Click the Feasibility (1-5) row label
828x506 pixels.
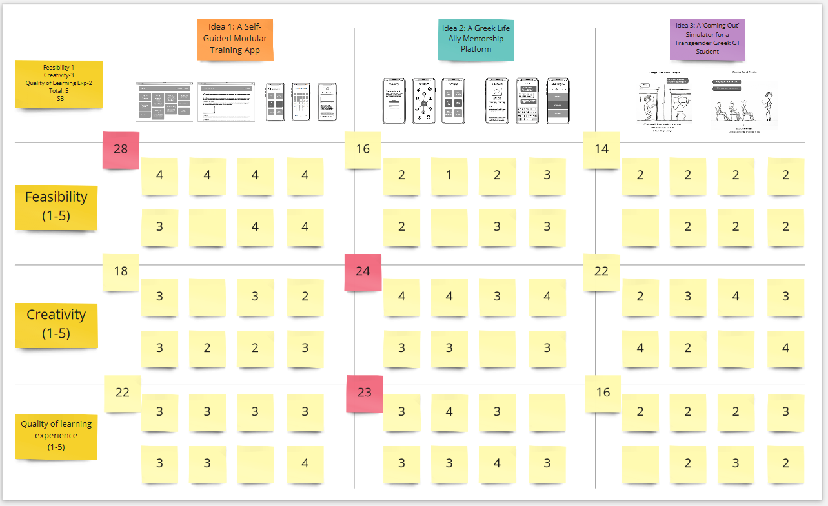(x=56, y=206)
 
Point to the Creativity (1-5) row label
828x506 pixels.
(x=56, y=324)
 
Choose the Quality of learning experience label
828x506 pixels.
(x=56, y=435)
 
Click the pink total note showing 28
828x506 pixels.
(x=121, y=150)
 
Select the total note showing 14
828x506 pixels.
(x=601, y=150)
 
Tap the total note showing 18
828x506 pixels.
(x=121, y=271)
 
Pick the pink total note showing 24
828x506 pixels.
(x=363, y=271)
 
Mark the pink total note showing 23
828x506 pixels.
(x=364, y=393)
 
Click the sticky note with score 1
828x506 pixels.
(x=449, y=175)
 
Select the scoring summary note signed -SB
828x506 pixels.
(x=59, y=84)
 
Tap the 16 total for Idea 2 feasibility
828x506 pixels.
(x=363, y=150)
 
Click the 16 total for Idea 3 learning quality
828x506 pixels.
(x=603, y=393)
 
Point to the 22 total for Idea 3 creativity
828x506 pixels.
(x=601, y=271)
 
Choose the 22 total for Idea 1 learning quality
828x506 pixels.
(x=122, y=393)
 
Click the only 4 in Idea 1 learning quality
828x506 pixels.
(x=305, y=463)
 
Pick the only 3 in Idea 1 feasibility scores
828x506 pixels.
(x=159, y=227)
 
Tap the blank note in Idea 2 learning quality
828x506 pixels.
(x=547, y=412)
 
